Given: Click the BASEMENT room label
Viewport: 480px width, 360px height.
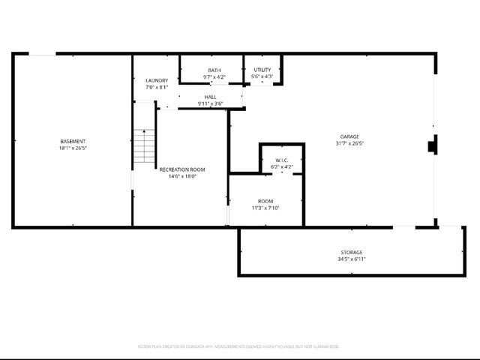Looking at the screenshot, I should (x=73, y=142).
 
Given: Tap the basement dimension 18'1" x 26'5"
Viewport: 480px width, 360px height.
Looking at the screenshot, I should (x=73, y=148).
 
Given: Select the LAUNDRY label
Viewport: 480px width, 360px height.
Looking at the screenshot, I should (x=157, y=81).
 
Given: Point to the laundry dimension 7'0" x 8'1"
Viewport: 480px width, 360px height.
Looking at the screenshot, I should (x=157, y=88).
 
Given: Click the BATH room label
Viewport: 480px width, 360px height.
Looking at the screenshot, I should (x=214, y=70).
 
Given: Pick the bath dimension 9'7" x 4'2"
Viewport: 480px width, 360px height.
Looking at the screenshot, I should (x=214, y=77).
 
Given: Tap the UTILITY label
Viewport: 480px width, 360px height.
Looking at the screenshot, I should (x=262, y=70).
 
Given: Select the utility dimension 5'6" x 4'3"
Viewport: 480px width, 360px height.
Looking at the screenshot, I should (x=262, y=76).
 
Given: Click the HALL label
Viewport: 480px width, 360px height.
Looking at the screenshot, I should (x=211, y=97).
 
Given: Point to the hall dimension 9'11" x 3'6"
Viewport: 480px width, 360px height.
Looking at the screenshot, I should (x=211, y=103).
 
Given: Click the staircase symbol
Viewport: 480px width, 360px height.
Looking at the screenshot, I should (x=143, y=146).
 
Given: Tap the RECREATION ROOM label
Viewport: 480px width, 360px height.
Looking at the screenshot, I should (x=182, y=169).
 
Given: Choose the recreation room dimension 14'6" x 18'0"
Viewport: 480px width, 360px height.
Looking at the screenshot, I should (x=182, y=176).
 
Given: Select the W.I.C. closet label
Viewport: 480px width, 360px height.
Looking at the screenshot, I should (x=282, y=160).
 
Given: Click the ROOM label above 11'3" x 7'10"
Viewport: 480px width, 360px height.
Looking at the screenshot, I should (x=265, y=201).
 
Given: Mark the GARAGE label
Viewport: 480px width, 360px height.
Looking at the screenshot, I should (x=349, y=136).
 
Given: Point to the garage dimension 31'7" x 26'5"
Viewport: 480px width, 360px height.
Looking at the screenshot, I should (x=349, y=143).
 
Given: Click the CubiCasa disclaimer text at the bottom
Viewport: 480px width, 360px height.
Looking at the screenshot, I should (x=238, y=346).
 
